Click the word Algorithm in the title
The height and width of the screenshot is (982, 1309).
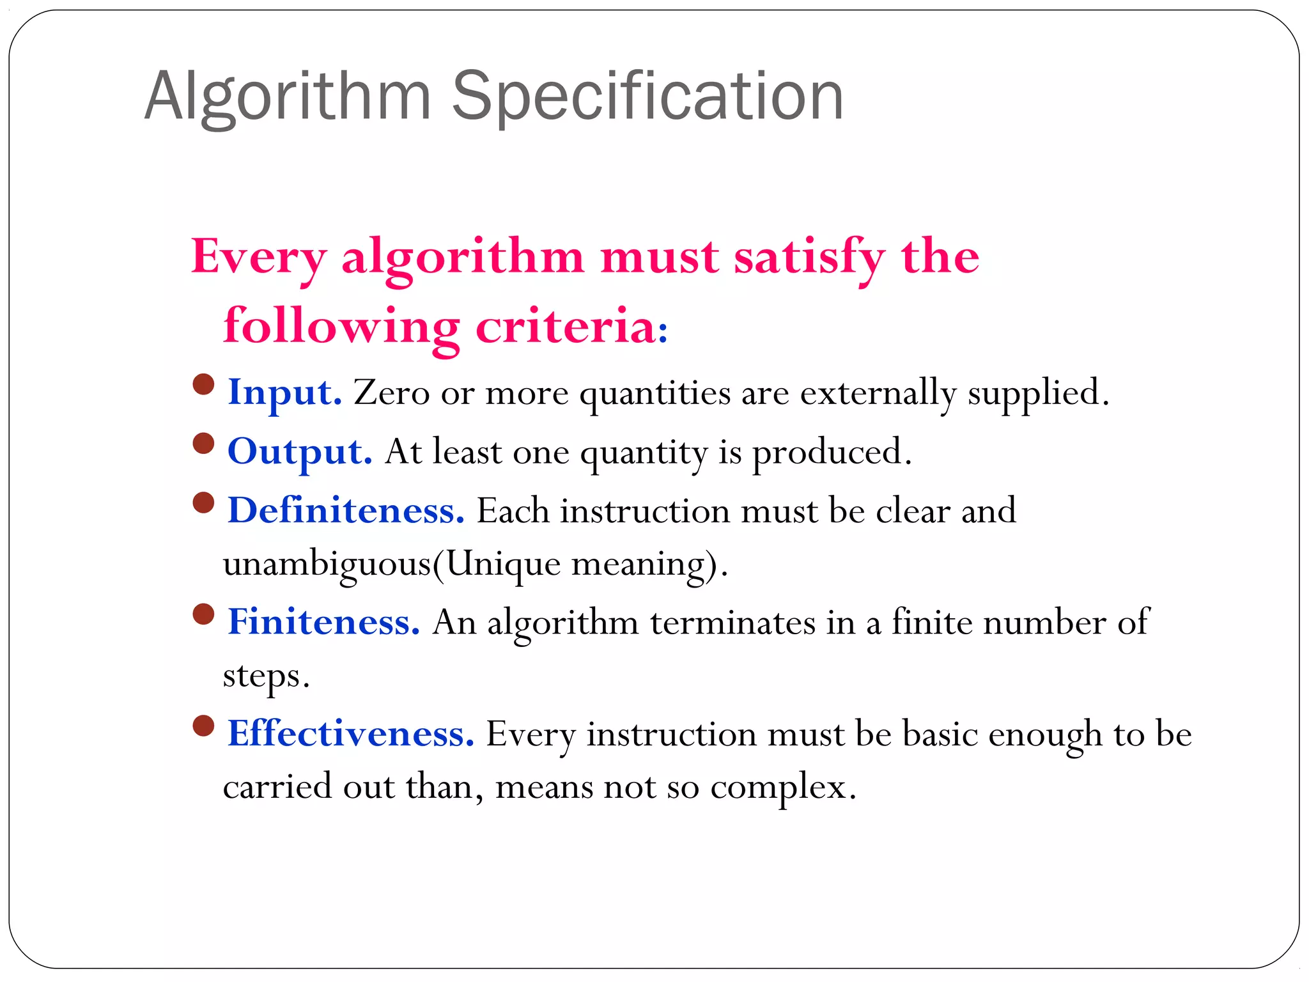(288, 97)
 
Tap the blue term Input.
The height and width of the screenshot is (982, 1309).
(284, 393)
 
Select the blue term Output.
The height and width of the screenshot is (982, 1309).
(300, 452)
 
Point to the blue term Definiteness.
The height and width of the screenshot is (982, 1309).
(346, 511)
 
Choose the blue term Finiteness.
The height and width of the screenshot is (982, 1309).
(323, 622)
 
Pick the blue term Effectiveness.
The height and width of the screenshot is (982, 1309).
(351, 733)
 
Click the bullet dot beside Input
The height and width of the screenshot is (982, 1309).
(203, 384)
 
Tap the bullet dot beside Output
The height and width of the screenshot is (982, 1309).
(203, 443)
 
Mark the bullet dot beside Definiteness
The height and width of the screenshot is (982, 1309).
(203, 503)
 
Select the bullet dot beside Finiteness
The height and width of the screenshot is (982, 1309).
(203, 614)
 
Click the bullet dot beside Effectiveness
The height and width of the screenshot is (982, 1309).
(203, 725)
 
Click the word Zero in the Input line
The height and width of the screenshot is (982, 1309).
(392, 393)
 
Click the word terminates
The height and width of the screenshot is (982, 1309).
(732, 622)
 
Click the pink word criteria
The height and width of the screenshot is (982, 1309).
(566, 326)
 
